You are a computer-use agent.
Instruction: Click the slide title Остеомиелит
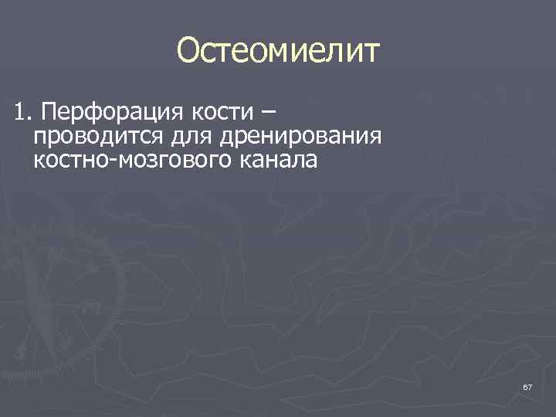[x=278, y=52]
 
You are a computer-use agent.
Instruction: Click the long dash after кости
[x=266, y=115]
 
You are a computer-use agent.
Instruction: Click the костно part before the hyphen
[x=68, y=162]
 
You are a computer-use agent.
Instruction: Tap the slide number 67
[x=527, y=385]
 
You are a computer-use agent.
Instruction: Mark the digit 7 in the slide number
[x=529, y=385]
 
